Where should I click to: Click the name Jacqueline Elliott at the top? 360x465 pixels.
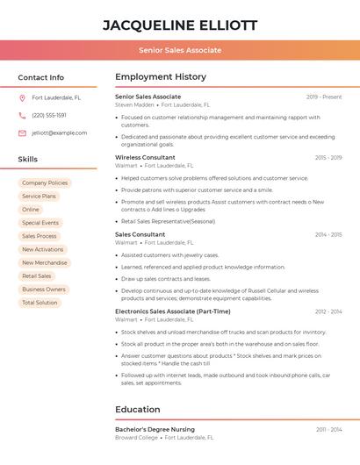(x=180, y=25)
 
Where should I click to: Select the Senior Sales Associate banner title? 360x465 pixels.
(x=180, y=50)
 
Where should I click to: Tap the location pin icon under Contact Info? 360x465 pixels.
(x=22, y=97)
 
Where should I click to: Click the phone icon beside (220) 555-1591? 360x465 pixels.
(x=22, y=115)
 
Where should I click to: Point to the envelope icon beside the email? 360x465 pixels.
(x=22, y=132)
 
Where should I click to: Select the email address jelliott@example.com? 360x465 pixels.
(x=59, y=132)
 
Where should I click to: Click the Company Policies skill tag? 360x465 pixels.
(x=45, y=182)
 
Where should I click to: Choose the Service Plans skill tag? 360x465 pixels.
(x=39, y=197)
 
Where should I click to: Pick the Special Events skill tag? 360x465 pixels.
(x=40, y=223)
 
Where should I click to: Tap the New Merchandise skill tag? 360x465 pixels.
(x=45, y=262)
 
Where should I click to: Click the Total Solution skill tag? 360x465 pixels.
(x=40, y=303)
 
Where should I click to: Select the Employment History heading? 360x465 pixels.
(x=161, y=76)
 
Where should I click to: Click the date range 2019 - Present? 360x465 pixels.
(x=324, y=97)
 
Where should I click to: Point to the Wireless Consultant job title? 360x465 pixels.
(x=145, y=157)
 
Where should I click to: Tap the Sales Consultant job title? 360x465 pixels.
(x=140, y=234)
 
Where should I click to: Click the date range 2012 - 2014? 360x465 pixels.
(x=328, y=311)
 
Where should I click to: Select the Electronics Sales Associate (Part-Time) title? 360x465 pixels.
(x=173, y=311)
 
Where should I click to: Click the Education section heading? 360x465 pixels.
(x=138, y=409)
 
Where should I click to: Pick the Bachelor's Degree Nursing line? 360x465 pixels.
(x=155, y=429)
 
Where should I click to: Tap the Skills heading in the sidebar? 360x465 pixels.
(x=28, y=159)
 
